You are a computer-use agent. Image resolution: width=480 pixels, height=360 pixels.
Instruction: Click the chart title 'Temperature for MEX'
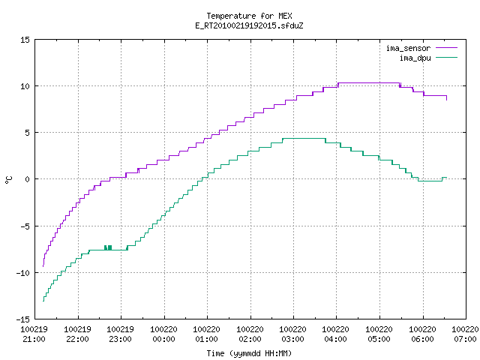coord(249,16)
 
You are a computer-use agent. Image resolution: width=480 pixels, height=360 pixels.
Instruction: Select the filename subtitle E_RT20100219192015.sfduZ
coord(249,25)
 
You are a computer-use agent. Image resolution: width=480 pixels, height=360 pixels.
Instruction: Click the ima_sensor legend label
coord(408,48)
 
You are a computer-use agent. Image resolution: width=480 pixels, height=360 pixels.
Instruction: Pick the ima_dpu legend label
coord(415,58)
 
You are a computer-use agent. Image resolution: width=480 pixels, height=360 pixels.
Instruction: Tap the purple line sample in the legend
coord(447,48)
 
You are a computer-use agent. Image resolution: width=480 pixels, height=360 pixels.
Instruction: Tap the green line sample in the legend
coord(447,58)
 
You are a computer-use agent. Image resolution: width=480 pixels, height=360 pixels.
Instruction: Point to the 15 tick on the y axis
coord(25,40)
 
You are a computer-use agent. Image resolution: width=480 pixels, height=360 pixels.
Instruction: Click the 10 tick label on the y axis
coord(25,86)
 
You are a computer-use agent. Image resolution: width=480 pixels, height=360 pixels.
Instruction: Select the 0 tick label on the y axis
coord(28,179)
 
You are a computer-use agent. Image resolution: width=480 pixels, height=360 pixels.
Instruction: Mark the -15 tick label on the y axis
coord(23,319)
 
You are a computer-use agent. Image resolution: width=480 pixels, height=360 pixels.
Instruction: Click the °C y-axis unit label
coord(8,180)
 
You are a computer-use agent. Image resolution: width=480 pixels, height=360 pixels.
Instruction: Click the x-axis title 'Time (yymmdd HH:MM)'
coord(249,353)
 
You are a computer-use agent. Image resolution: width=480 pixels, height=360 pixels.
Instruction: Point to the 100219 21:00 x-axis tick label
coord(34,334)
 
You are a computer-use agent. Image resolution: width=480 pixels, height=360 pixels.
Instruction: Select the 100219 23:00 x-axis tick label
coord(120,334)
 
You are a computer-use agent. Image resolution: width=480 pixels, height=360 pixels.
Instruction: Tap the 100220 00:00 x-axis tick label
coord(163,334)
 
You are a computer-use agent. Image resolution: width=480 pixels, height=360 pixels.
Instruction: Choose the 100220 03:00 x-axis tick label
coord(293,334)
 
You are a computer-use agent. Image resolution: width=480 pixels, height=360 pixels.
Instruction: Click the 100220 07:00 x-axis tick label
coord(465,334)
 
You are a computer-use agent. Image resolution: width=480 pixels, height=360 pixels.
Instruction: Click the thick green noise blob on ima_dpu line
coord(108,247)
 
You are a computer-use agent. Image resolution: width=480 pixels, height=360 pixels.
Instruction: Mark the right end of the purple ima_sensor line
coord(447,100)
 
